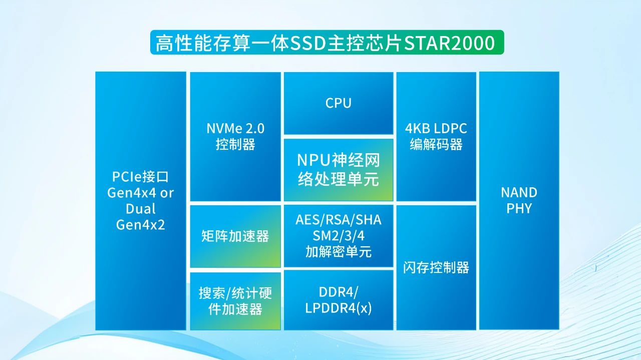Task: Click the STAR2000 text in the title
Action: coord(449,43)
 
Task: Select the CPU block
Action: coord(339,103)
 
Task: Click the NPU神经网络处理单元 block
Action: coord(339,170)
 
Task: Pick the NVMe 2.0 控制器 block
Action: coord(235,136)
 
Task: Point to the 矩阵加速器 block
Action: coord(235,236)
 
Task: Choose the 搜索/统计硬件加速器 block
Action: coord(235,301)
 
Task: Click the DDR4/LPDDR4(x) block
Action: coord(339,300)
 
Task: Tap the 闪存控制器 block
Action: coord(436,267)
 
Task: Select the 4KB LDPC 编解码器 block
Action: coord(436,136)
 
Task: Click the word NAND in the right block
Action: coord(519,193)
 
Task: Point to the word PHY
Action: coord(519,209)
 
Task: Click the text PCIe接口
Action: coord(140,177)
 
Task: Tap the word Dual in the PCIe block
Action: coord(140,209)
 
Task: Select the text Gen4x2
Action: coord(140,225)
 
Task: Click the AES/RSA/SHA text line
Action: coord(339,220)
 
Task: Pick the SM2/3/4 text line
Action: coord(339,236)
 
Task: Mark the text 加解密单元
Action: coord(339,252)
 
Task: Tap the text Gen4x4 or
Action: coord(140,193)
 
